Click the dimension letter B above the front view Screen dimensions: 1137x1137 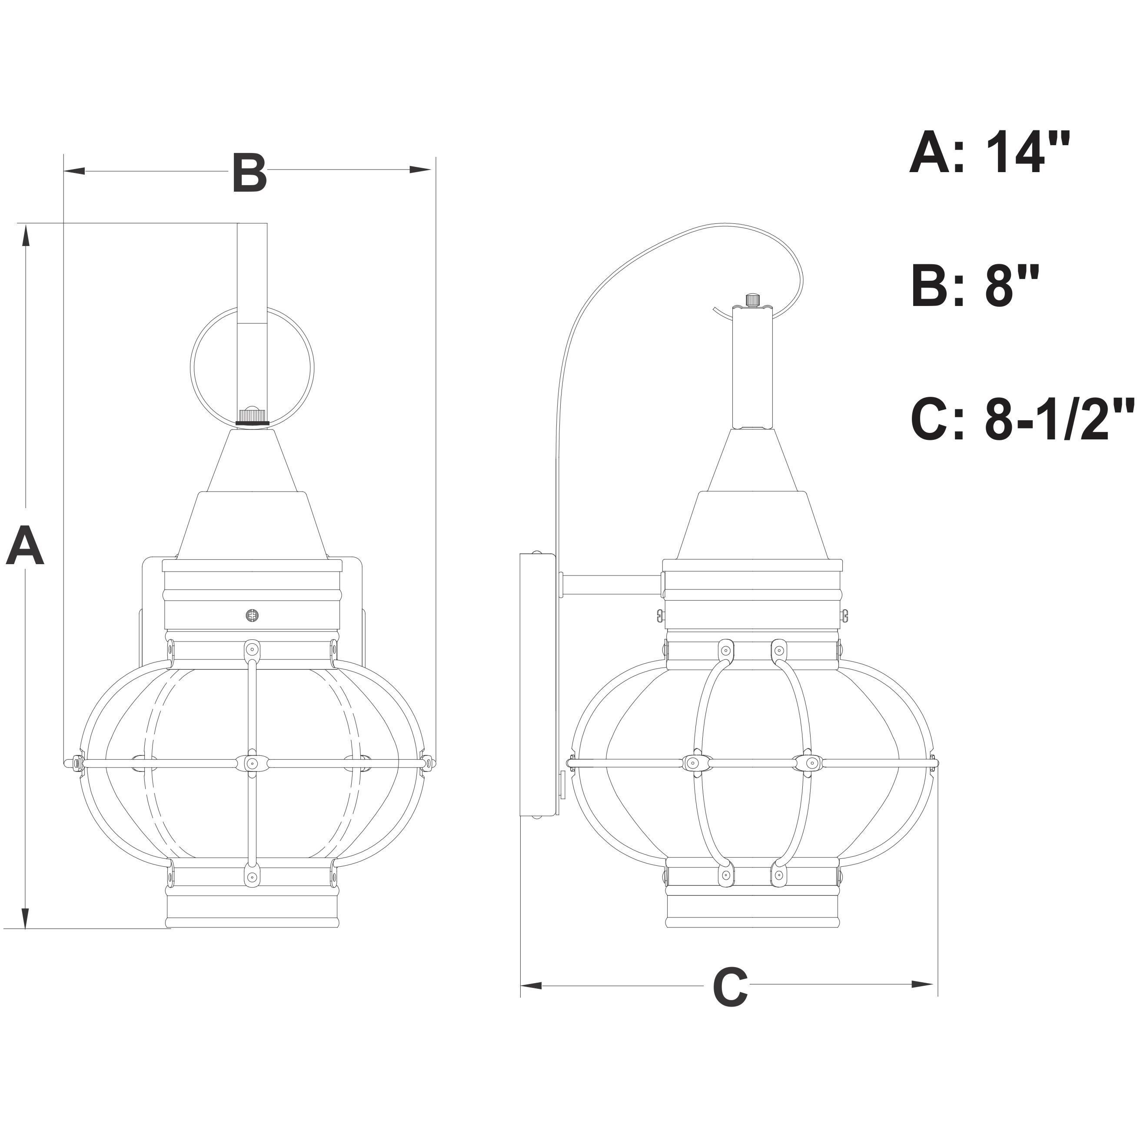[x=249, y=173]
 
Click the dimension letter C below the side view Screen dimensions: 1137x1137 [x=730, y=985]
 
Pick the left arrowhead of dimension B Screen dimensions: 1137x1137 [x=75, y=171]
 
